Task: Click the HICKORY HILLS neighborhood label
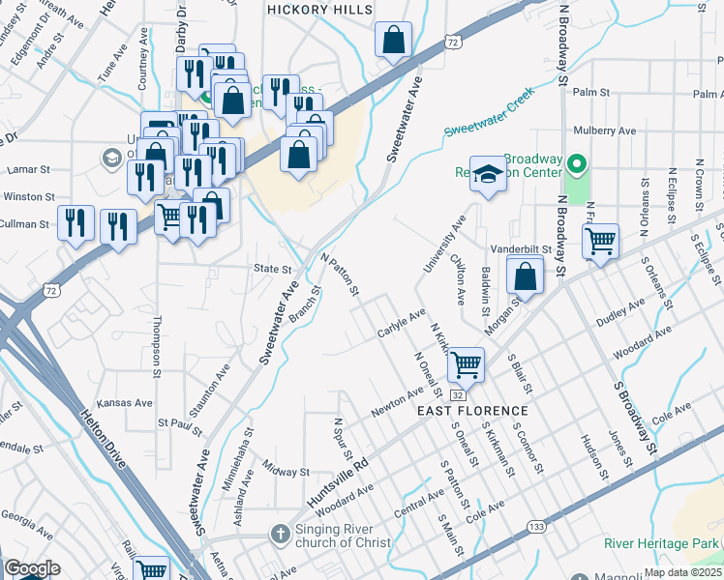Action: point(319,9)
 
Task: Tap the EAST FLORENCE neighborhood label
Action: point(463,411)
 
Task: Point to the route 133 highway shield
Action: point(536,527)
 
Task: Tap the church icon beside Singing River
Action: point(280,535)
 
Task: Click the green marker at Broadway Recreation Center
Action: point(578,163)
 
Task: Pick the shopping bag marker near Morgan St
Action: point(524,275)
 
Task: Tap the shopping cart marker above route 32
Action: point(466,364)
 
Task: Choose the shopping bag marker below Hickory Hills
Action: point(393,42)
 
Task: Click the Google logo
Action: point(32,568)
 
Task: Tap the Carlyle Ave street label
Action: point(401,324)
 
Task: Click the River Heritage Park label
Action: point(662,542)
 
